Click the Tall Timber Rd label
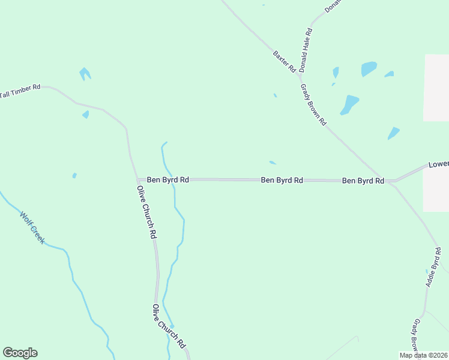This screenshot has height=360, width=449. point(20,91)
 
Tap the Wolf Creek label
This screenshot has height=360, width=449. point(32,227)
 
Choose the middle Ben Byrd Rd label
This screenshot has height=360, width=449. point(282,180)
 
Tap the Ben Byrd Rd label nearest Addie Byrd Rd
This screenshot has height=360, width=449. point(363,180)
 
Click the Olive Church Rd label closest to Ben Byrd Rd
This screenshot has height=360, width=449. point(147,212)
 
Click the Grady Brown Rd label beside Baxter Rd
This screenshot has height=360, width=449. point(313,104)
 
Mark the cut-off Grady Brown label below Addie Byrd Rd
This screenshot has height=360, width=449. point(415,336)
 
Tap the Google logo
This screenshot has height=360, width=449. point(20,353)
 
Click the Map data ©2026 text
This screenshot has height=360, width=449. point(424,355)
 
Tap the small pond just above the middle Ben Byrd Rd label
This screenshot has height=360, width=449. point(273,162)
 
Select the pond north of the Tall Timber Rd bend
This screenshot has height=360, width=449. point(85,74)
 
